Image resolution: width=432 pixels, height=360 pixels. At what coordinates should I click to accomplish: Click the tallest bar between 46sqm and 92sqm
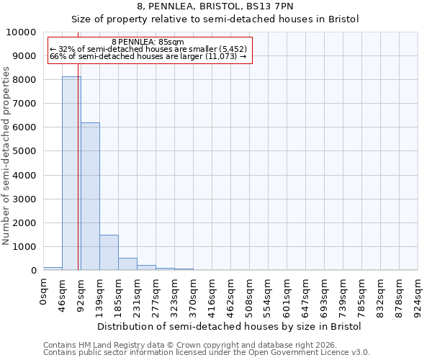click(71, 173)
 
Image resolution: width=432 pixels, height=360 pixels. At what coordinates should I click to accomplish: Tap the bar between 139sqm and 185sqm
click(109, 252)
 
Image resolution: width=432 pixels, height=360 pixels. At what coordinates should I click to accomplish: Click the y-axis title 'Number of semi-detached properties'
click(6, 156)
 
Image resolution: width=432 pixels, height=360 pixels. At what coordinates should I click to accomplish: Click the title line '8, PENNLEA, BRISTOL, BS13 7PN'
click(215, 6)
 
